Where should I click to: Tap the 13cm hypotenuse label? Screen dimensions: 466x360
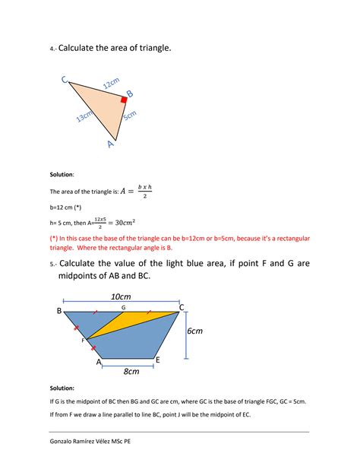click(x=84, y=116)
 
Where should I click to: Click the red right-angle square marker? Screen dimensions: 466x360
click(x=123, y=99)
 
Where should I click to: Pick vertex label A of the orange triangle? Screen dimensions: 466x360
click(x=110, y=143)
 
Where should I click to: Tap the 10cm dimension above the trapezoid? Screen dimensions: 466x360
click(x=121, y=296)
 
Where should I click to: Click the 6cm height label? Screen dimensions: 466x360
click(x=195, y=332)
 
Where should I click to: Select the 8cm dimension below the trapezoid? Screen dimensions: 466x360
click(x=131, y=371)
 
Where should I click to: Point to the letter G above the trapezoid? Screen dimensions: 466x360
click(x=123, y=306)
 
